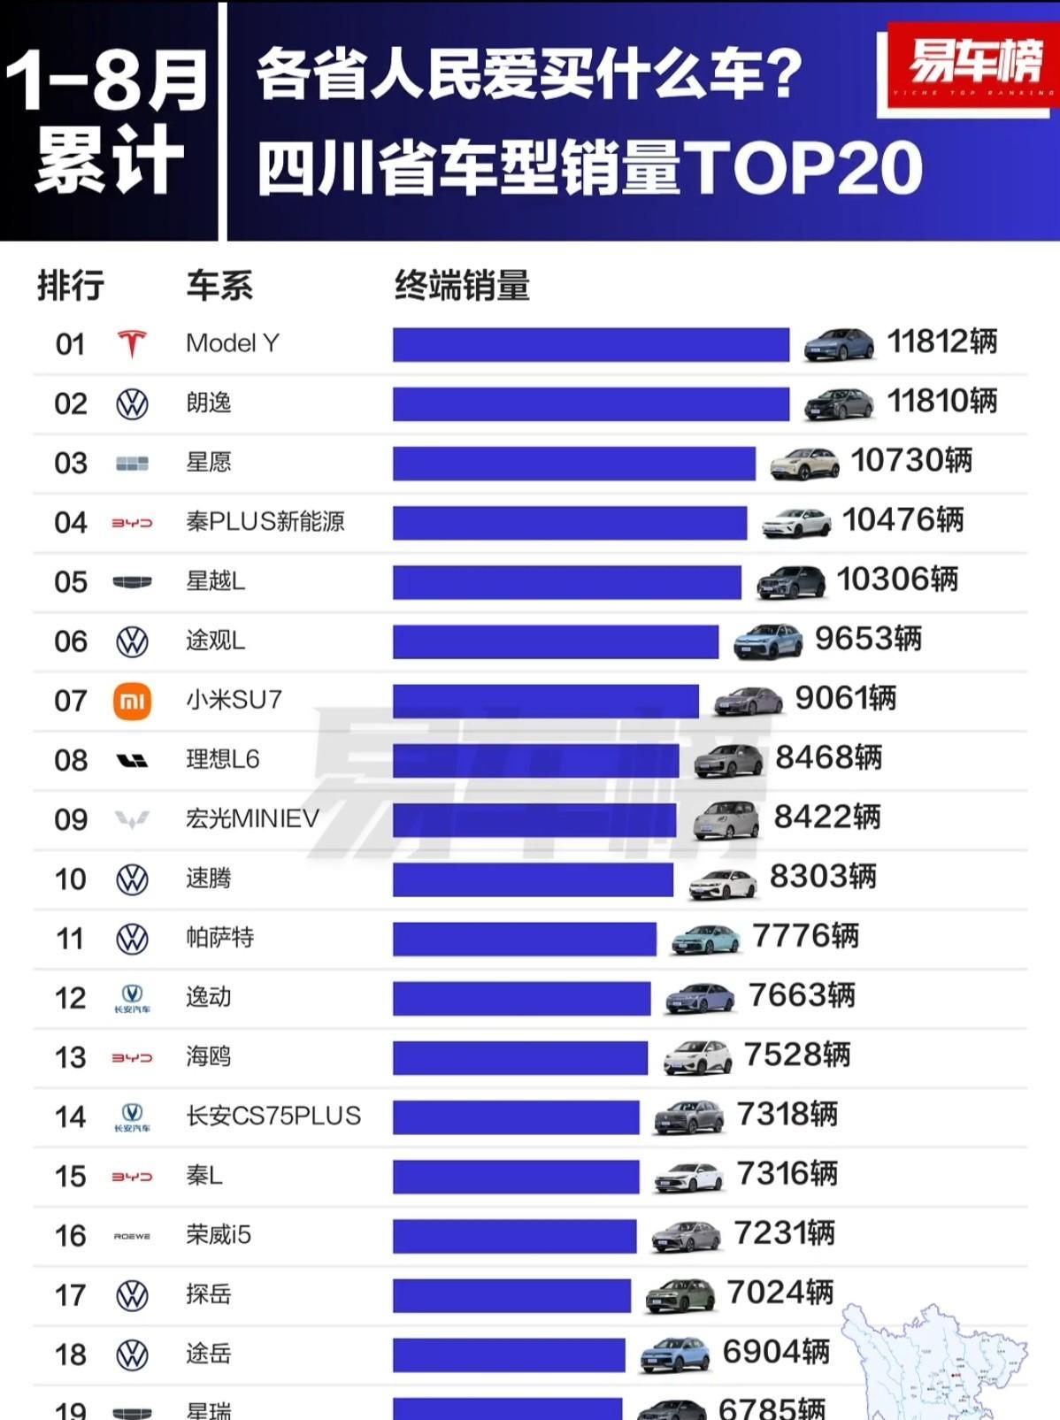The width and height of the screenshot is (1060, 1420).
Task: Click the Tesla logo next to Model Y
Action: point(132,343)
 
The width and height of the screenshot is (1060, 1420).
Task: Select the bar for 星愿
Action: point(573,464)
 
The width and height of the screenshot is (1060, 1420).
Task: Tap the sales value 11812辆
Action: point(941,342)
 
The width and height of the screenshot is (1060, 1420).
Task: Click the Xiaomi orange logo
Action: point(132,702)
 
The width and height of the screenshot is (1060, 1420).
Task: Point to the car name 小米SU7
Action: point(234,700)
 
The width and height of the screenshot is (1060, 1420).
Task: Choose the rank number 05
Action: point(71,582)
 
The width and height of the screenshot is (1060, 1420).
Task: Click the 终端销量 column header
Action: point(462,287)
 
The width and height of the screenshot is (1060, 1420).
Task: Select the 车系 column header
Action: point(219,287)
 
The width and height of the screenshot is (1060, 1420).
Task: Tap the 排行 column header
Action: point(71,287)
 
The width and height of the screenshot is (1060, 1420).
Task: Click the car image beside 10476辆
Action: point(796,522)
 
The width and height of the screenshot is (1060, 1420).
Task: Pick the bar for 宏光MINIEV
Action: point(534,820)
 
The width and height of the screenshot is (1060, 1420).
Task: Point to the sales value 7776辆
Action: point(805,936)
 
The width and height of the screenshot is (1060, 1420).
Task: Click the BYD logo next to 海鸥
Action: point(132,1057)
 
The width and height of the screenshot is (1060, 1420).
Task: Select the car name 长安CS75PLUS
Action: point(273,1116)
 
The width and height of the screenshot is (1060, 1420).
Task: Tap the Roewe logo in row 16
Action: point(132,1236)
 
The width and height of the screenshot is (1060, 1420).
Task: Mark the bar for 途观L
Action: point(556,642)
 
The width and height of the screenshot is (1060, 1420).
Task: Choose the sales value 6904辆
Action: point(776,1352)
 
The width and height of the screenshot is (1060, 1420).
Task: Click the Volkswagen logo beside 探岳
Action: point(132,1296)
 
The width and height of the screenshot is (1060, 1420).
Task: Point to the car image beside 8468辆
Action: point(728,760)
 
